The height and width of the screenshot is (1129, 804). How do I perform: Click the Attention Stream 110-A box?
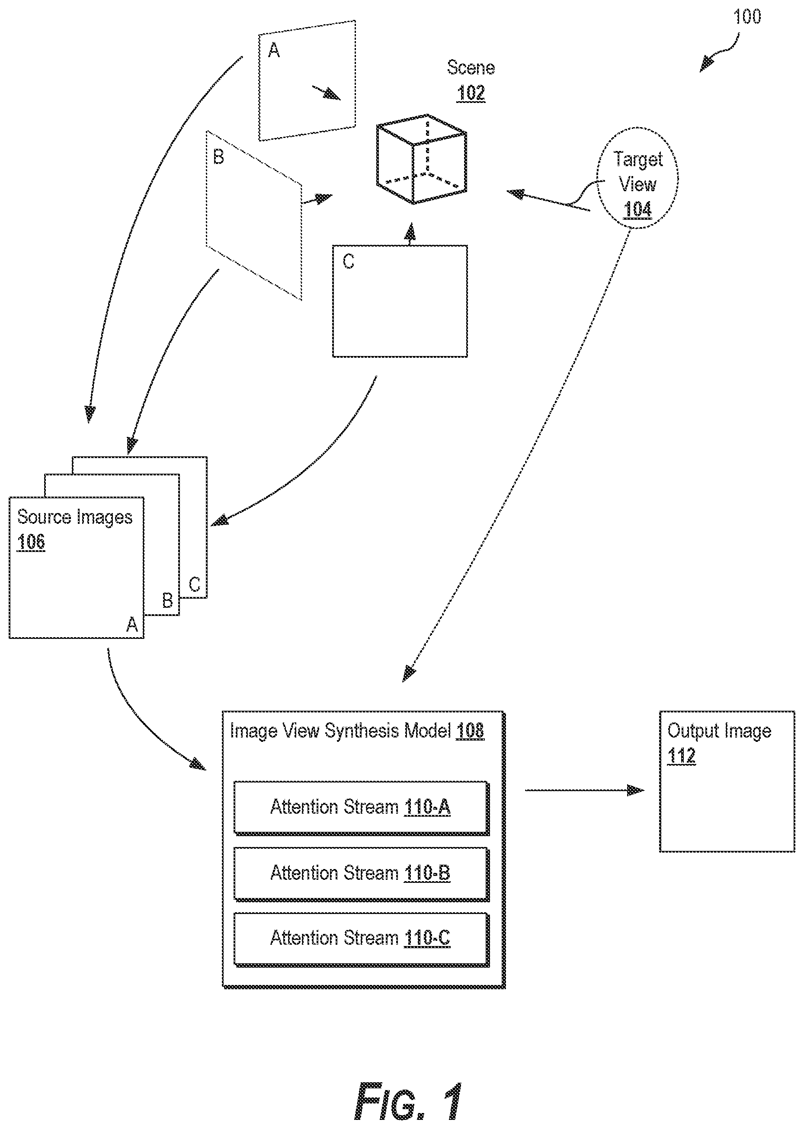click(x=362, y=808)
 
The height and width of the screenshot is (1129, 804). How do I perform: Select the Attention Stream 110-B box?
click(x=362, y=873)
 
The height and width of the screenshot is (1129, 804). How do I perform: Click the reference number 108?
click(x=470, y=731)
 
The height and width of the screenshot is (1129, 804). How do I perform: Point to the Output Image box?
click(x=727, y=781)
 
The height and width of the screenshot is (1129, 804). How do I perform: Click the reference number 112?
click(x=681, y=756)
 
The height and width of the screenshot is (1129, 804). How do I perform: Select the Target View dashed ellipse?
click(x=637, y=178)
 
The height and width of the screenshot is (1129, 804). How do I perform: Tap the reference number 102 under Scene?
click(x=471, y=93)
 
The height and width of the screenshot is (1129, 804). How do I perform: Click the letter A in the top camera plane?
click(x=274, y=50)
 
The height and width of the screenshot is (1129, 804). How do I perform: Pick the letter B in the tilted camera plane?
click(x=218, y=157)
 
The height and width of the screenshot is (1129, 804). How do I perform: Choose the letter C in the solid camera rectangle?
click(x=349, y=261)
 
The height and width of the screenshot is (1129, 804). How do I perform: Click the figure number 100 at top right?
click(x=747, y=17)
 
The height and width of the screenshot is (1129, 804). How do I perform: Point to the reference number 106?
click(x=31, y=542)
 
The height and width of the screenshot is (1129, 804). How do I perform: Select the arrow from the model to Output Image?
click(x=585, y=790)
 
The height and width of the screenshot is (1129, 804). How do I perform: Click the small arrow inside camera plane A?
click(x=326, y=93)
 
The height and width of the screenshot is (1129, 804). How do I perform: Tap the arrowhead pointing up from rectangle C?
click(x=410, y=231)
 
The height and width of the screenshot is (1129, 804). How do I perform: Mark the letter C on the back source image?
click(x=195, y=585)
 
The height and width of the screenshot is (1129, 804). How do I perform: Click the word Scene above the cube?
click(x=471, y=67)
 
